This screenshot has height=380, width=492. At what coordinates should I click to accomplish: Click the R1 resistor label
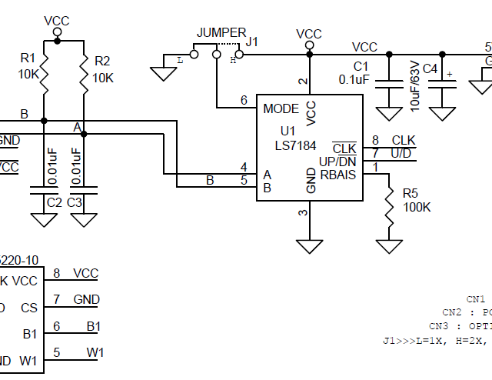point(28,58)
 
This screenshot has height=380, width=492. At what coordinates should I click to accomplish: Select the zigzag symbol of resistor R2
point(83,74)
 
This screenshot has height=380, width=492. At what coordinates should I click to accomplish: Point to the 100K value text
point(417,208)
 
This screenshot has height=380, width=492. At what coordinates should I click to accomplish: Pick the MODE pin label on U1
point(281,108)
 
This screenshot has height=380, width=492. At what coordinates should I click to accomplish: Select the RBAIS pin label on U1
point(338,175)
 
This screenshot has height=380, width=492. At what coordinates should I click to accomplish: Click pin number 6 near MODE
point(244,100)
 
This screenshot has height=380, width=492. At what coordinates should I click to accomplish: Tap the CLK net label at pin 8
point(403,140)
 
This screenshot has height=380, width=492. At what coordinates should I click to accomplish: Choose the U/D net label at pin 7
point(401,153)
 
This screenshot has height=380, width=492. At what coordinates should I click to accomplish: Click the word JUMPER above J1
point(221,32)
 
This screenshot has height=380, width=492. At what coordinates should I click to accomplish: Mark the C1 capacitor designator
point(361,66)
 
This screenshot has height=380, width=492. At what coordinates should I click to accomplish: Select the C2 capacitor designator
point(54,202)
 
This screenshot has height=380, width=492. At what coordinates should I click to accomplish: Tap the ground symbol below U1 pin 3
point(310,245)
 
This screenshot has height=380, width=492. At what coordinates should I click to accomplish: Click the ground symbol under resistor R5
point(390,245)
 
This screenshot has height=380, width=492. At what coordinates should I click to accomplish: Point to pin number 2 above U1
point(303,82)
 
